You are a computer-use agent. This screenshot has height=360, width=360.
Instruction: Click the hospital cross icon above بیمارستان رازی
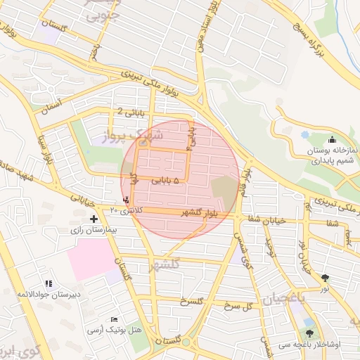94,219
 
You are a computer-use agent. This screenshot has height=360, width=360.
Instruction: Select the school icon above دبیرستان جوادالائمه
49,283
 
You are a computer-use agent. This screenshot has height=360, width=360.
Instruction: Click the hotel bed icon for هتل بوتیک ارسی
115,320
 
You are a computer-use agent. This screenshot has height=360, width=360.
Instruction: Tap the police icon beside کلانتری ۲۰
126,199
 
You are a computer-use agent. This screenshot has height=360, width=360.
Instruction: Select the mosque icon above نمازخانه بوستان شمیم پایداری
332,140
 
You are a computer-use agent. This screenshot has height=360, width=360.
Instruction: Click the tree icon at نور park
325,278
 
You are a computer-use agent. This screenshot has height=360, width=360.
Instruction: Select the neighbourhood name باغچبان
286,298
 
